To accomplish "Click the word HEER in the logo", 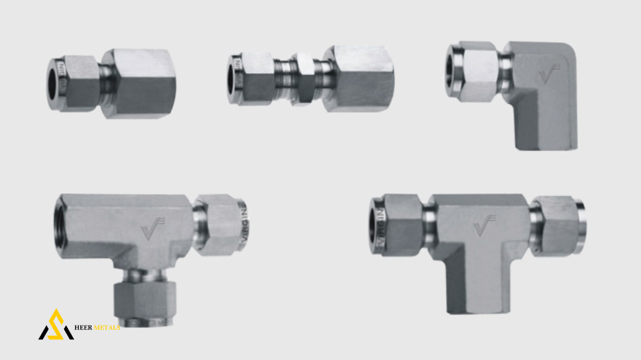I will pos(86,328).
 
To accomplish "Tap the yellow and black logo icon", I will pos(56,325).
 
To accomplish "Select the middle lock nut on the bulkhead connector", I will pos(301,79).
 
